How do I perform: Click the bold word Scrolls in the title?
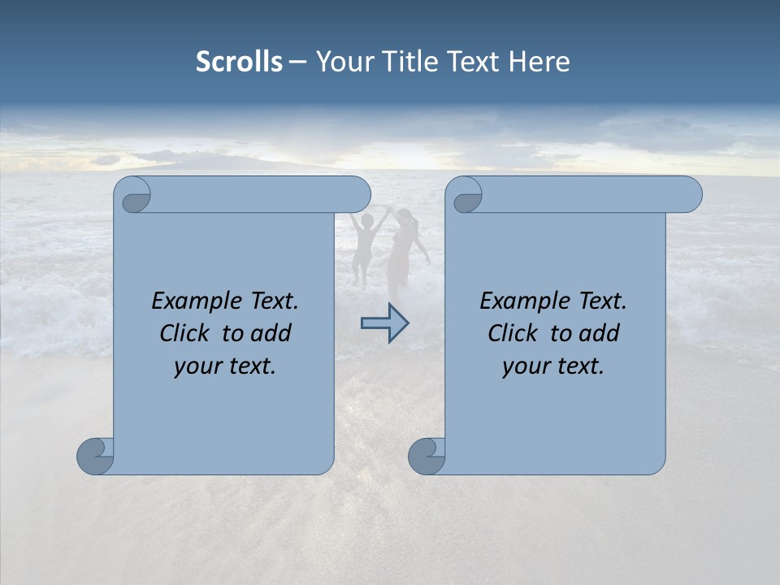[x=239, y=62]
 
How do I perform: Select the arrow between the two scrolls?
[x=384, y=323]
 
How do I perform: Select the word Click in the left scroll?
[x=184, y=334]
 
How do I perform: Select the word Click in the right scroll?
[x=512, y=334]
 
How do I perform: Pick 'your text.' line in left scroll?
[x=225, y=366]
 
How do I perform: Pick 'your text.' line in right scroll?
[x=553, y=366]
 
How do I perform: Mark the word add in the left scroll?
[x=272, y=334]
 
